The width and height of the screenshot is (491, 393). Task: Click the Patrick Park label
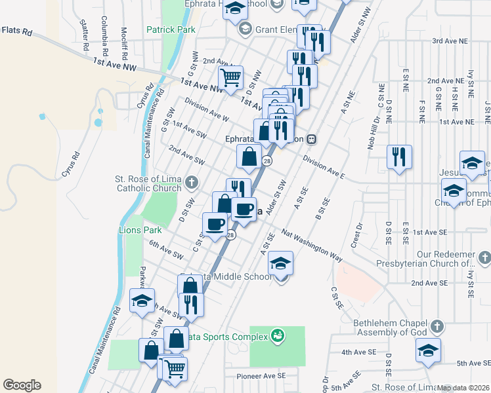(x=171, y=29)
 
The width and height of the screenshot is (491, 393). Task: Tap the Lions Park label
(x=140, y=230)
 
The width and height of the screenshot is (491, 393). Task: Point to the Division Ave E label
(x=324, y=167)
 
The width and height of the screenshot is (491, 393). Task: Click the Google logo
(x=22, y=385)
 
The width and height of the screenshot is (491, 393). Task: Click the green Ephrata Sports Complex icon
(x=278, y=335)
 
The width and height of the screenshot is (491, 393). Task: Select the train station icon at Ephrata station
(x=312, y=139)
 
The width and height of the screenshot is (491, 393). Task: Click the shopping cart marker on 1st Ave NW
(x=230, y=78)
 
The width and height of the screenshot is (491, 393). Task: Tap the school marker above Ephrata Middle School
(x=280, y=263)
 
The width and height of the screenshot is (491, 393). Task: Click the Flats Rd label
(x=17, y=31)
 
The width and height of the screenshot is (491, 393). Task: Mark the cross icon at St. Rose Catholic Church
(x=191, y=181)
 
